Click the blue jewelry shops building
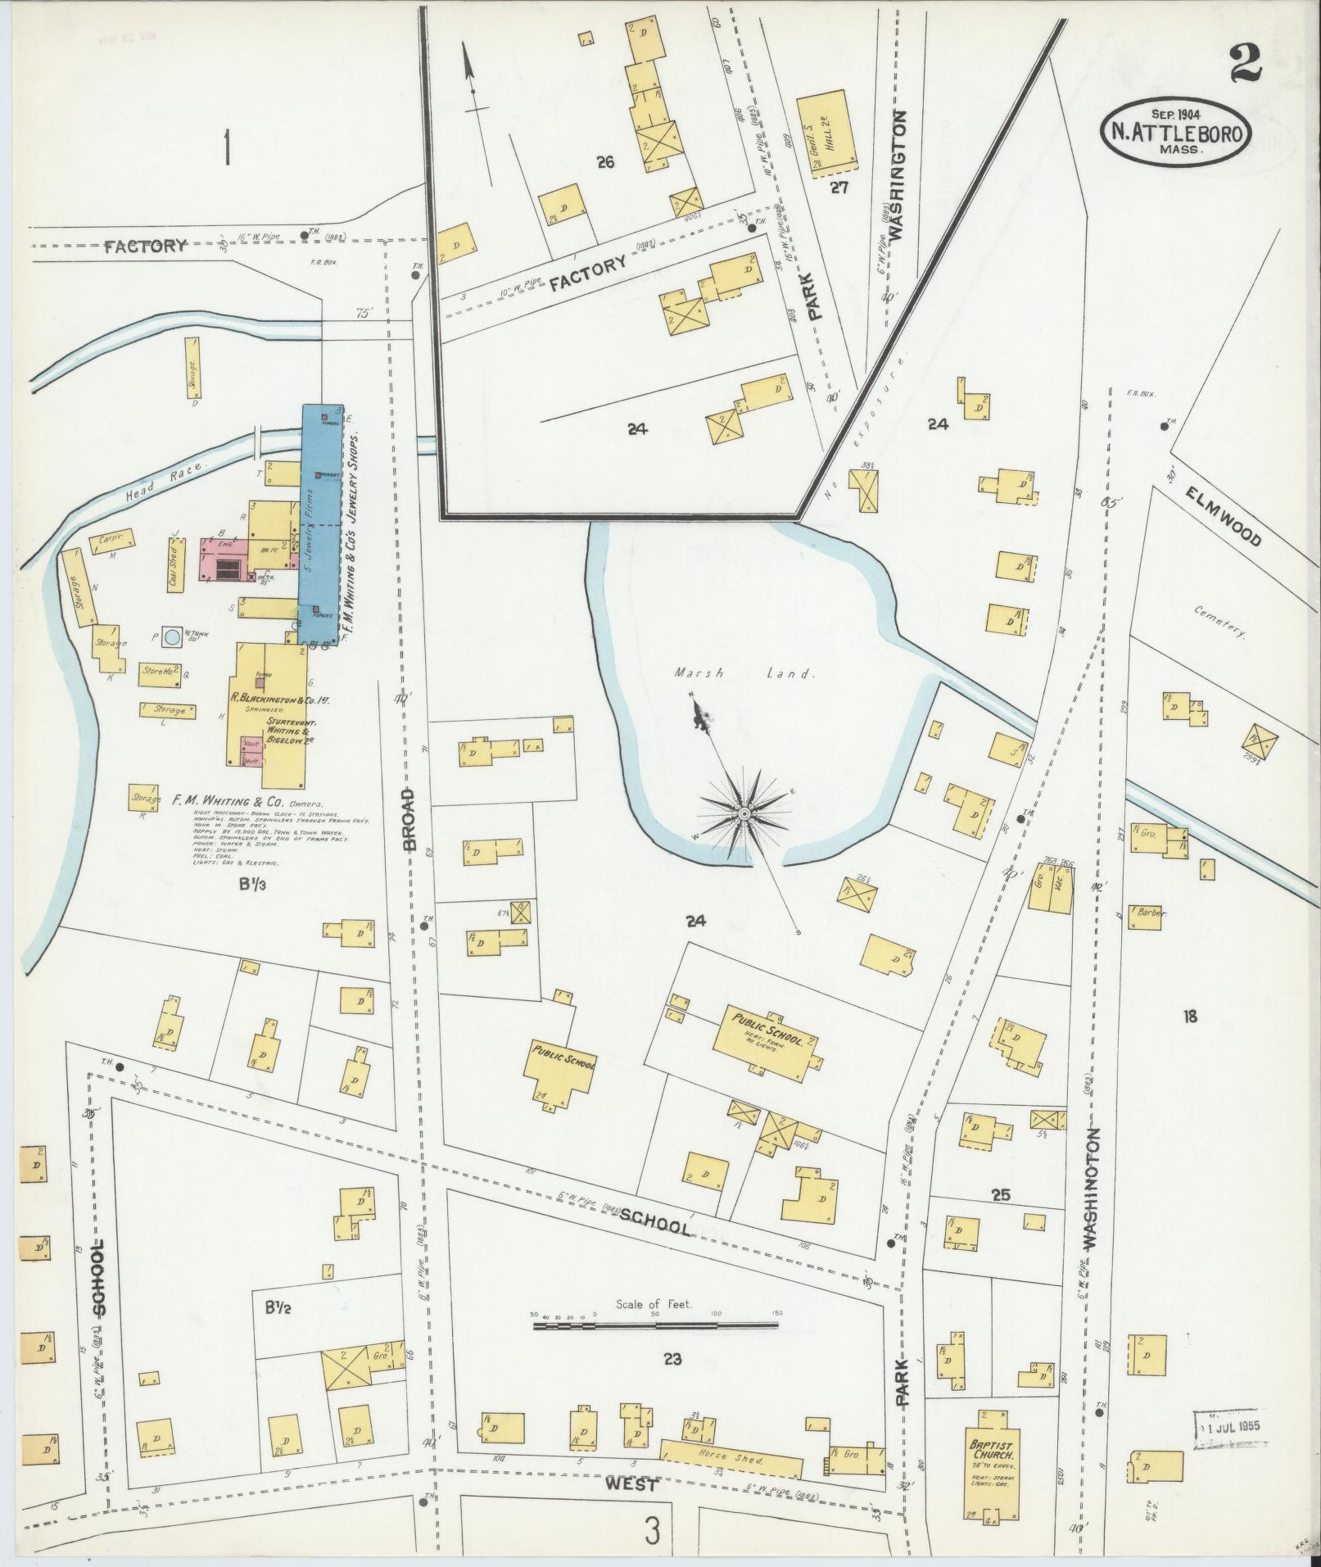tap(322, 524)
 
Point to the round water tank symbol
tap(172, 636)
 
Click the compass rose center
tap(744, 813)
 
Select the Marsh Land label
tap(744, 673)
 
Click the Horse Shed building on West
tap(732, 1461)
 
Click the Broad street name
tap(411, 819)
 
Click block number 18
tap(1189, 1017)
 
